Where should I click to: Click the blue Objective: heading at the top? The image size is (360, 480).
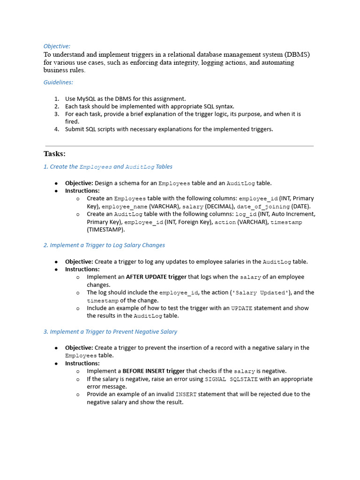pyautogui.click(x=57, y=46)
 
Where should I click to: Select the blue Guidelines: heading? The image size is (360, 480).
pyautogui.click(x=58, y=82)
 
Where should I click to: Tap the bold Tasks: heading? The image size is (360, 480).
pyautogui.click(x=54, y=154)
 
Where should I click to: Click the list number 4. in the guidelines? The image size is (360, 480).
pyautogui.click(x=56, y=129)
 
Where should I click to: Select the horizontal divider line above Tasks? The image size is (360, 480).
pyautogui.click(x=179, y=146)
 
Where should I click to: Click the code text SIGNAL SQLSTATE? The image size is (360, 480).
pyautogui.click(x=231, y=379)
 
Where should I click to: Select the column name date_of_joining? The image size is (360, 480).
pyautogui.click(x=263, y=206)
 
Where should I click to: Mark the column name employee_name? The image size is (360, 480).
pyautogui.click(x=124, y=206)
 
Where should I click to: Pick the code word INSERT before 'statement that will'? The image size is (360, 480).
pyautogui.click(x=186, y=394)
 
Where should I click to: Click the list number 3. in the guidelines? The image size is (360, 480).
pyautogui.click(x=56, y=114)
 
